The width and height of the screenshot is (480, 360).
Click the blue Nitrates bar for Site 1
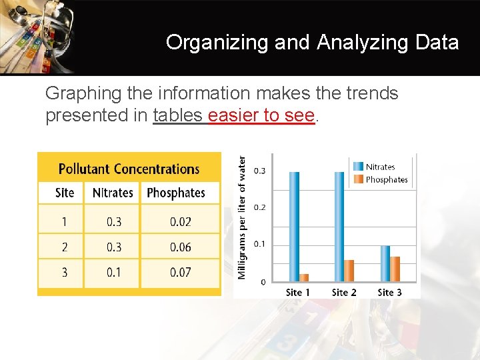pyautogui.click(x=294, y=227)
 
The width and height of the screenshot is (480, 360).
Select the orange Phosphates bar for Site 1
pyautogui.click(x=305, y=277)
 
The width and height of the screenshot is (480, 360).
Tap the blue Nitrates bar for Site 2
pyautogui.click(x=339, y=227)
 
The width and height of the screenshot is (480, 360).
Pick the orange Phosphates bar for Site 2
pyautogui.click(x=349, y=270)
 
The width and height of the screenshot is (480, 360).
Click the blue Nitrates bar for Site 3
pyautogui.click(x=385, y=263)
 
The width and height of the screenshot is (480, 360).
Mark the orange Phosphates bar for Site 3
pyautogui.click(x=395, y=269)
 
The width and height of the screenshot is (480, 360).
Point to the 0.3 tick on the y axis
pyautogui.click(x=259, y=171)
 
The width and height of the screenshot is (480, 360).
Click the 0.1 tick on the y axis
pyautogui.click(x=259, y=244)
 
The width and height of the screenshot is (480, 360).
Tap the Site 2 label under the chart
pyautogui.click(x=344, y=292)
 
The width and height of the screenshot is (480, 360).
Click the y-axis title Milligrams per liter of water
pyautogui.click(x=243, y=217)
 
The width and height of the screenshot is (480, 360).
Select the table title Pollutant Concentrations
pyautogui.click(x=129, y=169)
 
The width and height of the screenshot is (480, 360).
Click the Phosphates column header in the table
pyautogui.click(x=176, y=193)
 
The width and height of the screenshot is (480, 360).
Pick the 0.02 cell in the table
pyautogui.click(x=180, y=222)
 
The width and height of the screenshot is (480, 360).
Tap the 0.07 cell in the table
pyautogui.click(x=180, y=272)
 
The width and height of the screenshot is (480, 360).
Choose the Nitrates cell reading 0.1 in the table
pyautogui.click(x=114, y=272)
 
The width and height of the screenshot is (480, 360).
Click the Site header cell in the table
pyautogui.click(x=65, y=193)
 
